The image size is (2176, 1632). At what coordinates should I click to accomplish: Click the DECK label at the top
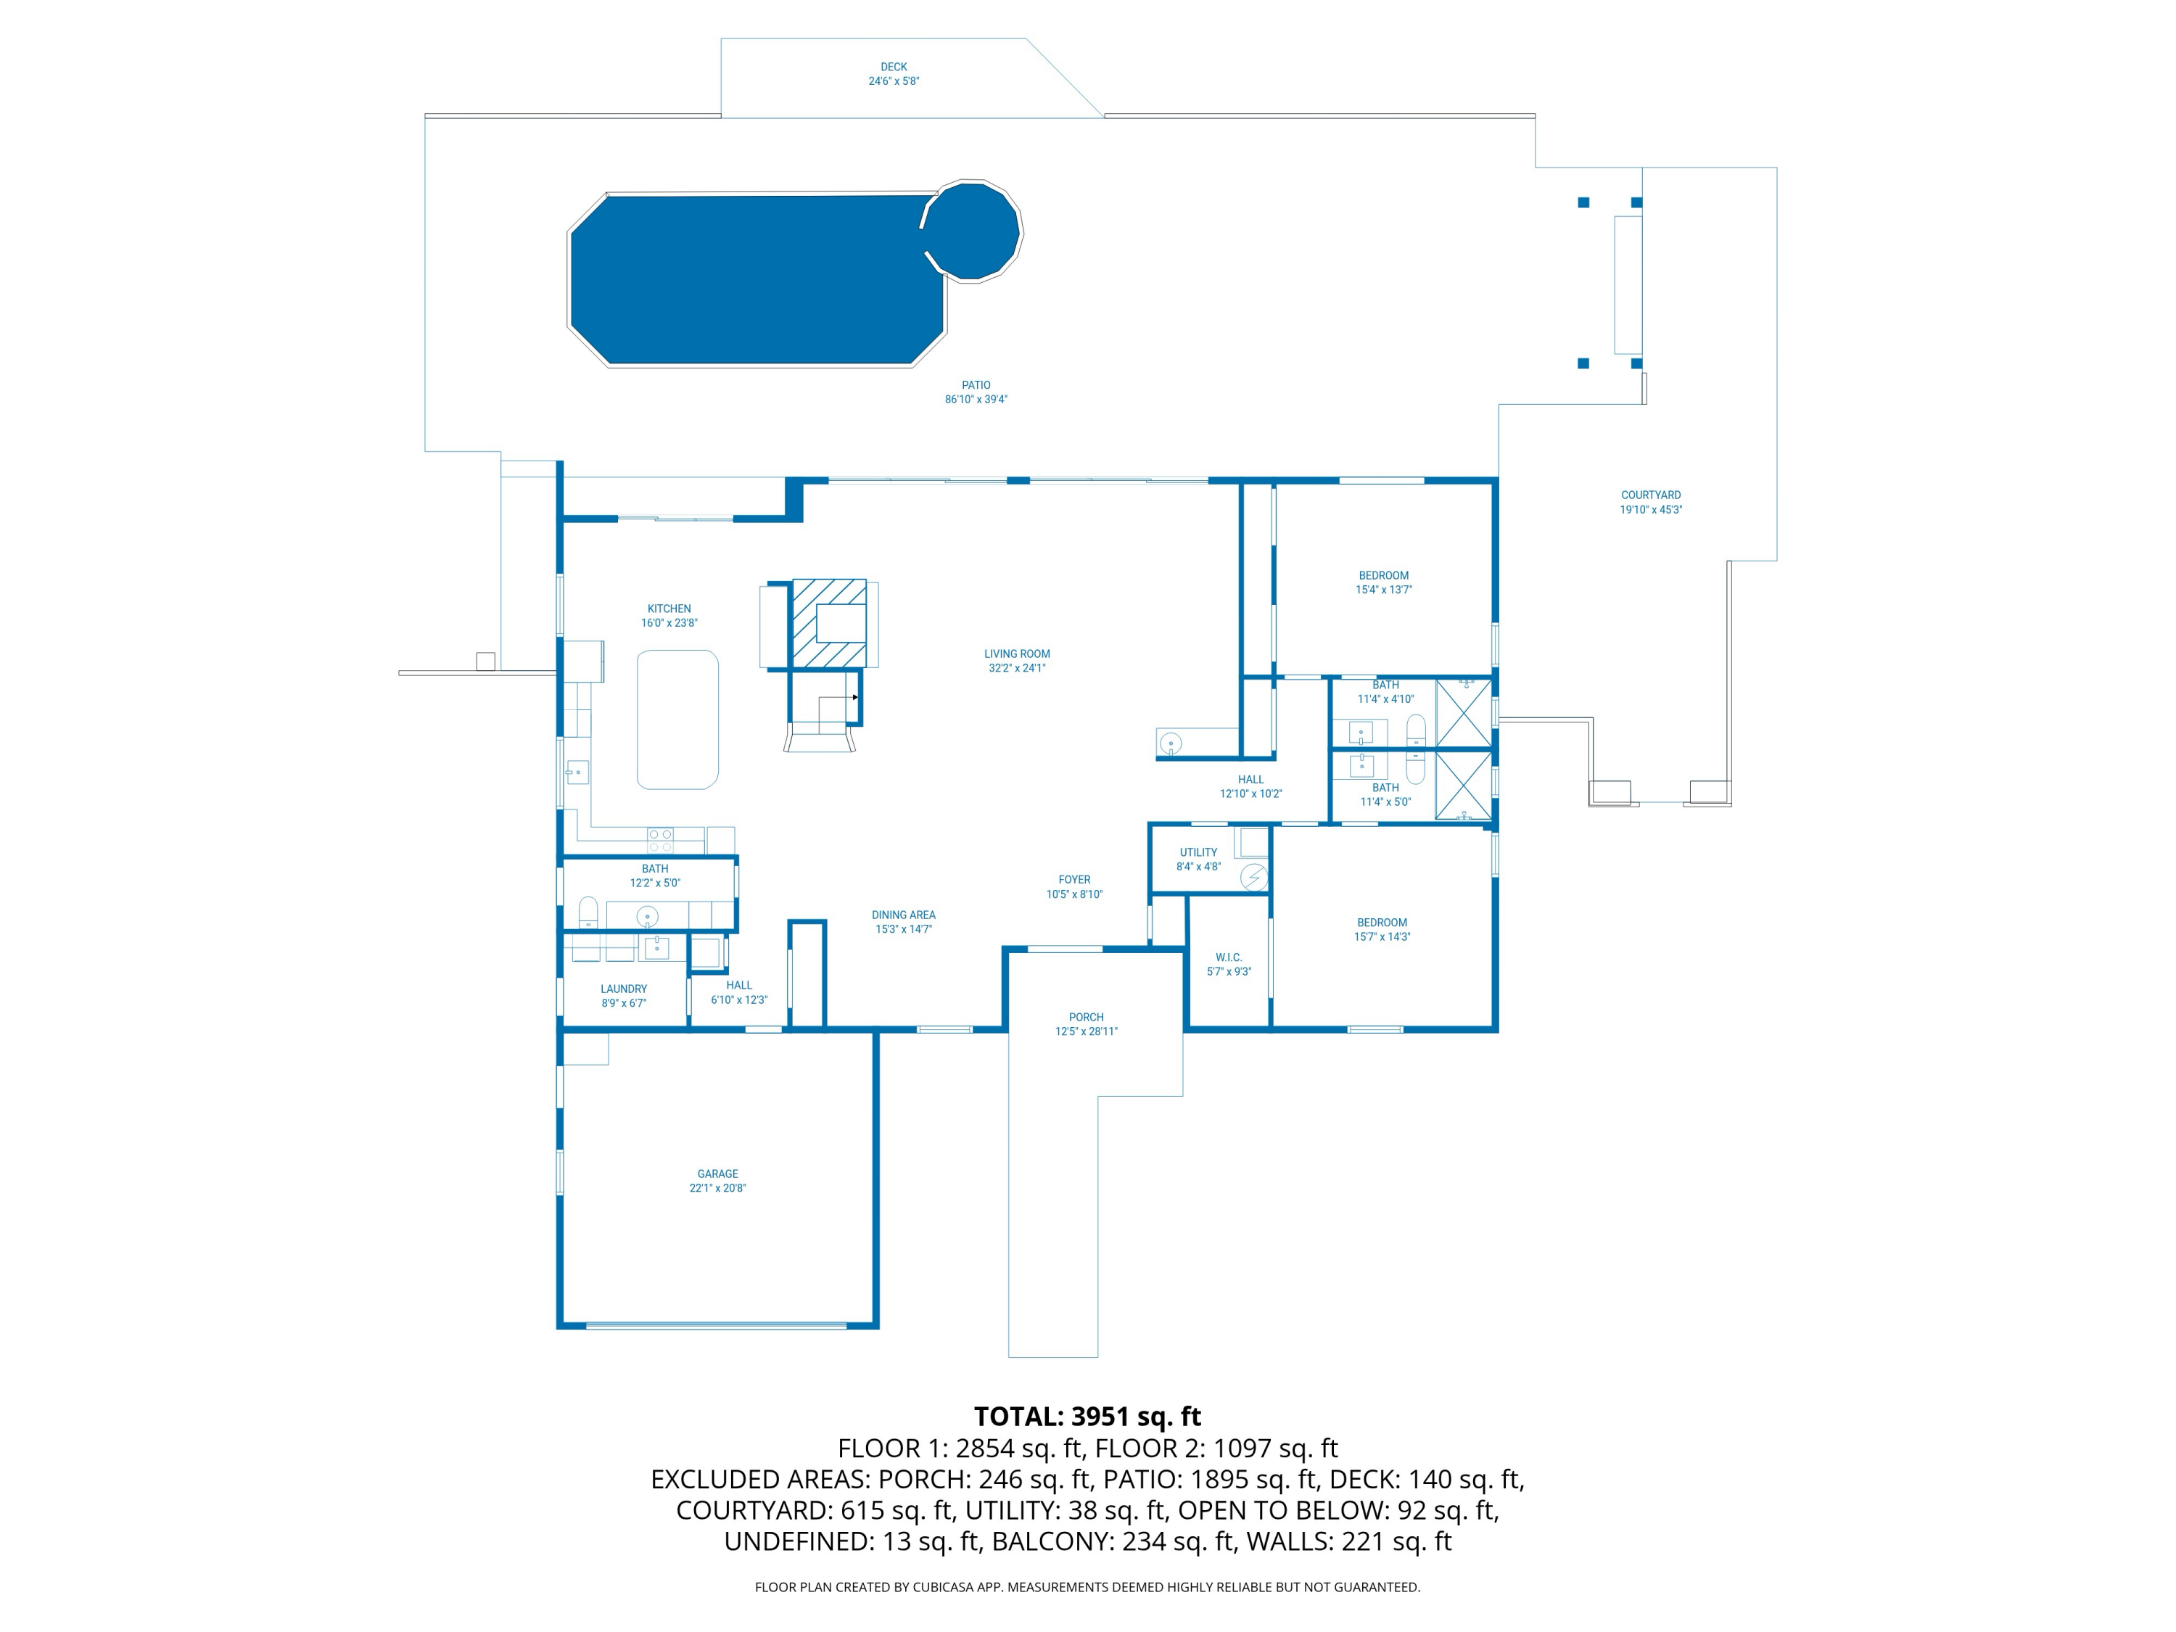[x=893, y=67]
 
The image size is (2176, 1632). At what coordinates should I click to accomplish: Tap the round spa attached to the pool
[x=972, y=231]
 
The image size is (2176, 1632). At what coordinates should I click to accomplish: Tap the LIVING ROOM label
[x=1017, y=654]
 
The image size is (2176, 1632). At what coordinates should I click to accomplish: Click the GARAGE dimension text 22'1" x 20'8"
[x=717, y=1188]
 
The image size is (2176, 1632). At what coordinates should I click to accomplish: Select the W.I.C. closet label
[x=1229, y=957]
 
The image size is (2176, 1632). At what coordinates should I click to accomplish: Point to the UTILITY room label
[x=1198, y=853]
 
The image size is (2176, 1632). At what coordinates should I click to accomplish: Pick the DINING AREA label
[x=903, y=915]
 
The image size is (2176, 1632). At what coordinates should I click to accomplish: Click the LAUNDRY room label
[x=624, y=989]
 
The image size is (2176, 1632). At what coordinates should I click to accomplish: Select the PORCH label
[x=1086, y=1017]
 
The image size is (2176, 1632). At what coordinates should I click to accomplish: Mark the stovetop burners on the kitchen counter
[x=660, y=840]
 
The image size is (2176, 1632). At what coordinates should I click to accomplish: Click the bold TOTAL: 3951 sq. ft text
[x=1087, y=1417]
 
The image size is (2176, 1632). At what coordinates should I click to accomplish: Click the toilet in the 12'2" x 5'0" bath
[x=588, y=912]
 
